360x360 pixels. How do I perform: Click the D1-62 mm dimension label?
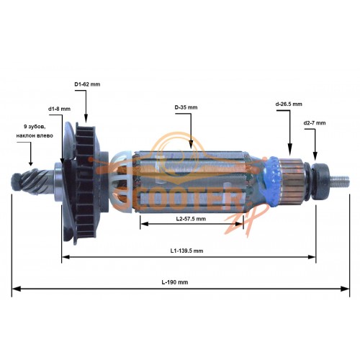coord(87,84)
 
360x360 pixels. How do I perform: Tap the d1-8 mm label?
coord(59,109)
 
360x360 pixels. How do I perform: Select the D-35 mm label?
coord(186,107)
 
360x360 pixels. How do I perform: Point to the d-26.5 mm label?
coord(289,104)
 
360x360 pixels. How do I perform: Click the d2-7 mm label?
coord(315,123)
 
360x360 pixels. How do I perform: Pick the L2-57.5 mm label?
coord(191,219)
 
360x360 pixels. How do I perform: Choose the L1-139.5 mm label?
coord(186,251)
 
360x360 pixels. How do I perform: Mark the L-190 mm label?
coord(175,282)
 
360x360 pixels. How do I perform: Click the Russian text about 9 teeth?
coord(35,131)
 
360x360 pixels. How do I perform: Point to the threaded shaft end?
coord(340,181)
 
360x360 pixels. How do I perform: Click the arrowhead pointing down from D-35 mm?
coord(191,145)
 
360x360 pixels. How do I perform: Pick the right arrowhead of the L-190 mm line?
coord(345,289)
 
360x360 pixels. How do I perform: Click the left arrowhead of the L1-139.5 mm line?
coord(66,257)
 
